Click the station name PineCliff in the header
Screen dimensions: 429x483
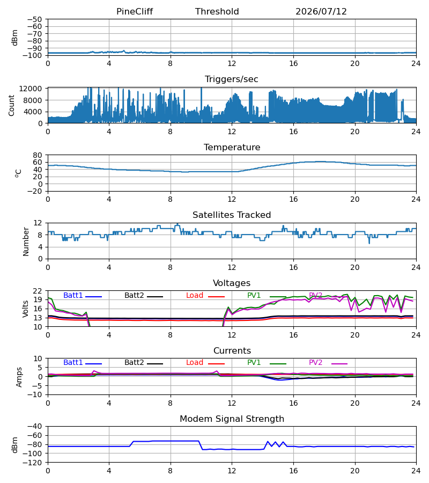click(135, 12)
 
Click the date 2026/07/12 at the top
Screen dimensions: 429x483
click(321, 12)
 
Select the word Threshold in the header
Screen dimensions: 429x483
click(217, 12)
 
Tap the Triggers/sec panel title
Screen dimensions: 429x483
click(232, 79)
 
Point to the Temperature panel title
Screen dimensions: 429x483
click(232, 147)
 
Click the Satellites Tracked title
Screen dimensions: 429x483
click(232, 215)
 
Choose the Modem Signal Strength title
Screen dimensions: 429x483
click(232, 419)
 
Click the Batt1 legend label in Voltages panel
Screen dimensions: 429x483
click(73, 295)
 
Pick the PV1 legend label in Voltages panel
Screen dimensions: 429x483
click(254, 295)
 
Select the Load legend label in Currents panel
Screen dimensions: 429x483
click(195, 363)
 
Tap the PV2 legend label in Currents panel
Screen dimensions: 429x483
click(315, 363)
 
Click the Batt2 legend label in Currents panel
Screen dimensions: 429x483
click(134, 363)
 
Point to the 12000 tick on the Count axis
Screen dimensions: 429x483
click(31, 89)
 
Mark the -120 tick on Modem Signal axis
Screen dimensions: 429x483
click(34, 463)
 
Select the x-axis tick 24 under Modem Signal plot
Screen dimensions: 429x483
click(416, 471)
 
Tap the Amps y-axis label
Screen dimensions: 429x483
click(19, 377)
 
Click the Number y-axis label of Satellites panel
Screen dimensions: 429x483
click(26, 242)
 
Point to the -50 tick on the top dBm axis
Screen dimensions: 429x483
click(34, 19)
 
